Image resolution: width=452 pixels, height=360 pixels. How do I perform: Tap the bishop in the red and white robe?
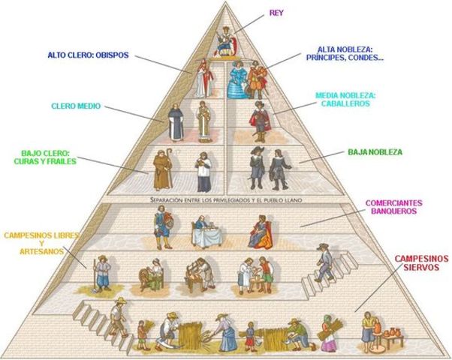pyautogui.click(x=201, y=78)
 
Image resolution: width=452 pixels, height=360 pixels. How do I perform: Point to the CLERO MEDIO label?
pyautogui.click(x=76, y=106)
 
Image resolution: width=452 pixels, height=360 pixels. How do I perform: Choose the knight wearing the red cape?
pyautogui.click(x=260, y=120)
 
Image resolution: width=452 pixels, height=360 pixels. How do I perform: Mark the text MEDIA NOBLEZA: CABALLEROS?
pyautogui.click(x=345, y=100)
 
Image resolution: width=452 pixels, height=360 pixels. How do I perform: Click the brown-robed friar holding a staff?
pyautogui.click(x=162, y=169)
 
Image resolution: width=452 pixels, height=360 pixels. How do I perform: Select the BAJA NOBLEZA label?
pyautogui.click(x=375, y=152)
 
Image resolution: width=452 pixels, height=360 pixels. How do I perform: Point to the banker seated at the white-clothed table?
pyautogui.click(x=203, y=232)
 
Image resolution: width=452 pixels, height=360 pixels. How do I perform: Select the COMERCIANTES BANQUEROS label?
pyautogui.click(x=393, y=207)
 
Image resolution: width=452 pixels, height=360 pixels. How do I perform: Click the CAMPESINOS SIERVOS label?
pyautogui.click(x=420, y=262)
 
